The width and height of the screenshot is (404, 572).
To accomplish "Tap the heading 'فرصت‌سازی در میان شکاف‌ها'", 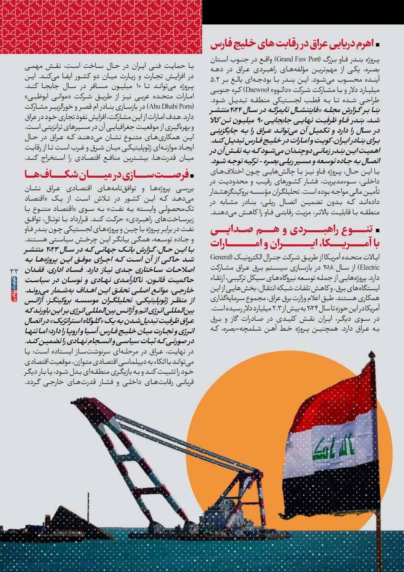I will tap(107, 175).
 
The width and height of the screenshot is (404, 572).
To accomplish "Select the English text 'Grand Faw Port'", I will tap(298, 59).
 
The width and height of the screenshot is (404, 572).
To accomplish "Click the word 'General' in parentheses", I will tap(221, 257).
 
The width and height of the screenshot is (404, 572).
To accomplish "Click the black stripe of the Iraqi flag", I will tap(328, 492).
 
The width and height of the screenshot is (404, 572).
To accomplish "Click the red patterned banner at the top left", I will tap(101, 27).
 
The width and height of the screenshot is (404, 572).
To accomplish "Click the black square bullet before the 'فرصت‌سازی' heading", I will tap(192, 176).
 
